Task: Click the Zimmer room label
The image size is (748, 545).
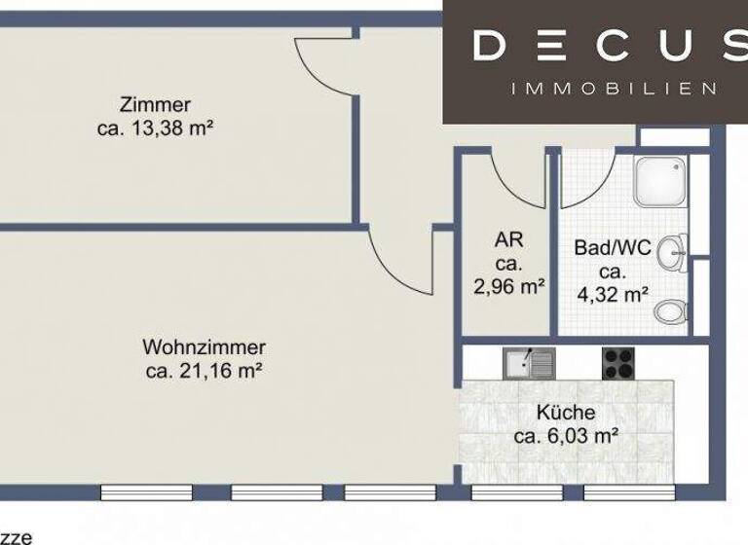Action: [x=156, y=105]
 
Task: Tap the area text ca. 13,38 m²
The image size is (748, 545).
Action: [x=156, y=127]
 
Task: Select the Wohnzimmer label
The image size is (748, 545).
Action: [x=204, y=347]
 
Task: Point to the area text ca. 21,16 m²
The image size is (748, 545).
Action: [x=204, y=370]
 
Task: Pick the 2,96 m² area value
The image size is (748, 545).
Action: [x=508, y=286]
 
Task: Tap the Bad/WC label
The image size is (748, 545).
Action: [x=612, y=248]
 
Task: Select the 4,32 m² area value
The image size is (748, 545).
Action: [x=612, y=295]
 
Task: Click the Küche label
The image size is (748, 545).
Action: [x=566, y=413]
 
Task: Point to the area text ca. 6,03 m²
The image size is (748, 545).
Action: [x=566, y=436]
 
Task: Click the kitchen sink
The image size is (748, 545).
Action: [x=529, y=364]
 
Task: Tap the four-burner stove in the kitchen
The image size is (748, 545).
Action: [x=619, y=364]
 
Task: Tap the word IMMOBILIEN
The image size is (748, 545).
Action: [x=614, y=89]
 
